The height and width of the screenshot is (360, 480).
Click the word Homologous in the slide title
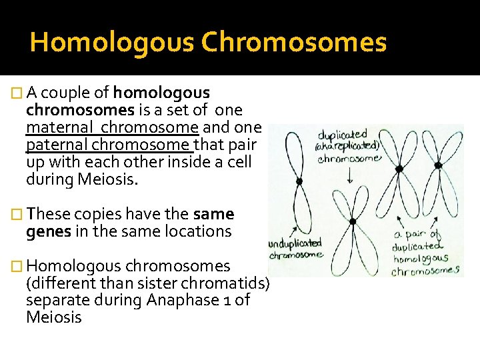click(x=111, y=43)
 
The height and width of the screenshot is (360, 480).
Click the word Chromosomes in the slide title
click(x=293, y=43)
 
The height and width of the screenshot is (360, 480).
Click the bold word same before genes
click(x=213, y=214)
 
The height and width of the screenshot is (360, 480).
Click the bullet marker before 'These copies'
click(x=17, y=215)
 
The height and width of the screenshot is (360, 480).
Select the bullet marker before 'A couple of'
click(x=17, y=93)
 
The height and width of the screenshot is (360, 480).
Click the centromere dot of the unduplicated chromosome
click(x=299, y=181)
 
